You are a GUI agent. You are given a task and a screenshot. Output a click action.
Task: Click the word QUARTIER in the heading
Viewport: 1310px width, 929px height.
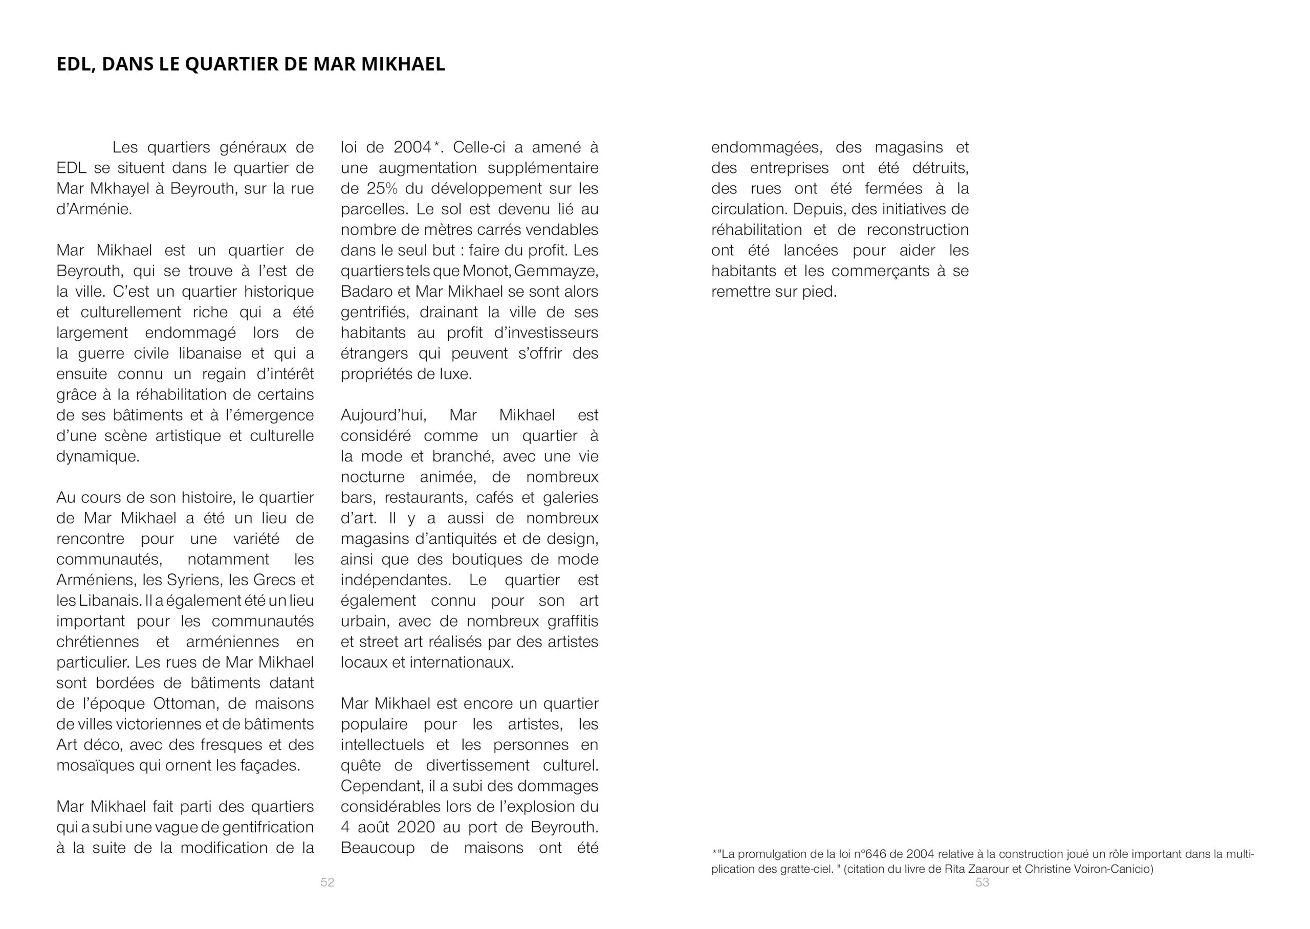point(232,64)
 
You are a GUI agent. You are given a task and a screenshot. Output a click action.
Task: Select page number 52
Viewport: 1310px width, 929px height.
point(327,882)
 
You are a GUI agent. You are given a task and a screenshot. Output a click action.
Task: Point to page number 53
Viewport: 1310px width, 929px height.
point(982,882)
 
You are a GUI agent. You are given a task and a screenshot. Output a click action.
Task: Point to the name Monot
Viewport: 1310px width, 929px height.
point(486,271)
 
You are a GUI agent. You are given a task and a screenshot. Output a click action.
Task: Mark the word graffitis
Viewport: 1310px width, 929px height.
point(573,621)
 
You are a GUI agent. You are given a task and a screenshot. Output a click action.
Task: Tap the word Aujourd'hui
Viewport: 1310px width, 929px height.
point(383,415)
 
